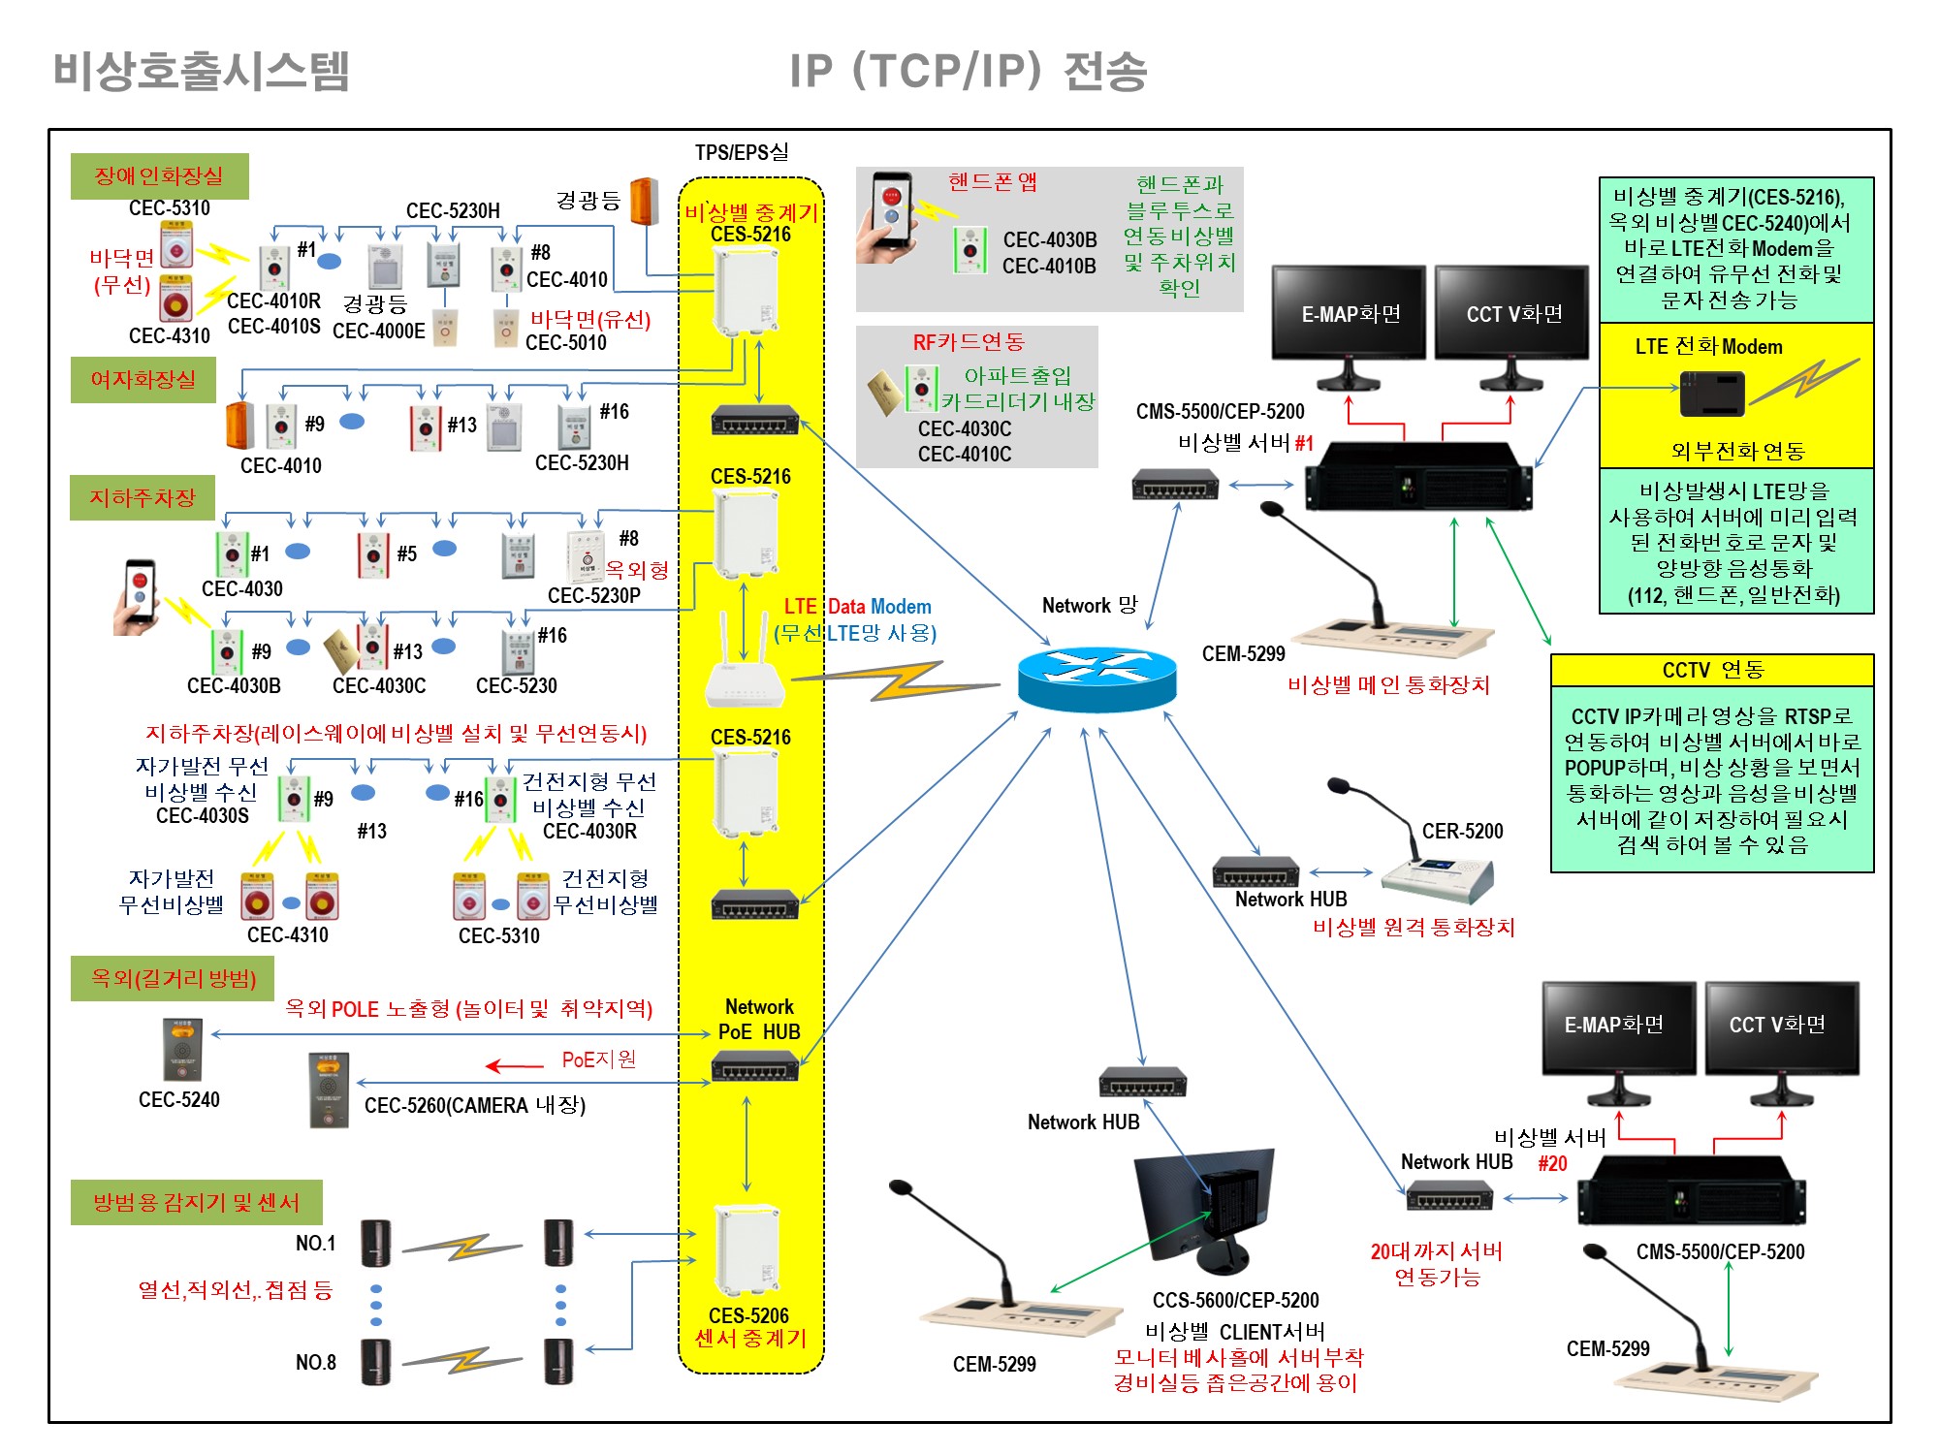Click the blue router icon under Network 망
(1097, 677)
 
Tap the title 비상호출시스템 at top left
(201, 71)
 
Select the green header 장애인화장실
(159, 176)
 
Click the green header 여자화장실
(143, 379)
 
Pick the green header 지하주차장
(143, 497)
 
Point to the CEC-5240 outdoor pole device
(182, 1050)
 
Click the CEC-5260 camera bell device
(329, 1090)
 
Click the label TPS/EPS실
(742, 152)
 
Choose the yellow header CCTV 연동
(1712, 670)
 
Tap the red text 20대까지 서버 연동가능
(1437, 1264)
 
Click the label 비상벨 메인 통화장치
(1388, 685)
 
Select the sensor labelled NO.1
(375, 1243)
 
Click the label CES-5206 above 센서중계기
(748, 1315)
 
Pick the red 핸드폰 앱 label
(993, 182)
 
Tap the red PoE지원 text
(599, 1059)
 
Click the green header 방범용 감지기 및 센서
(196, 1202)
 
